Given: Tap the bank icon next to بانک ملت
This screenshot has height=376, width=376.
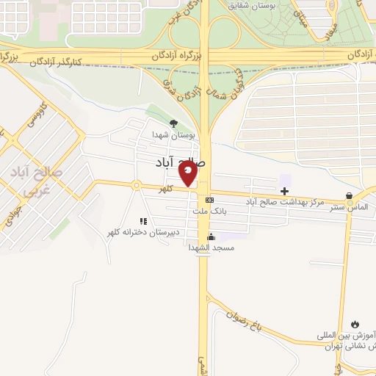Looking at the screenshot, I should (210, 200).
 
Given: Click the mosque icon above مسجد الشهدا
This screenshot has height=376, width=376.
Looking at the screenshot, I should (211, 236).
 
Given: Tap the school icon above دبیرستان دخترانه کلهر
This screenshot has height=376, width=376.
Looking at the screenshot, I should (144, 220).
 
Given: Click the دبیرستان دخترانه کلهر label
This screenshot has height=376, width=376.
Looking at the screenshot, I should (143, 232).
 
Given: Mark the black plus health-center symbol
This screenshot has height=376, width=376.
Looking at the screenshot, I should (285, 191).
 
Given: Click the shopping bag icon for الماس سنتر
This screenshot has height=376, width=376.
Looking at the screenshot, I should (350, 197).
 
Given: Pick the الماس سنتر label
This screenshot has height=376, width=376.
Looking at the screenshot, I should (350, 208).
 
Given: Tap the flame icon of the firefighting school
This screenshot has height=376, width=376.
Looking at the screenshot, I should (356, 324).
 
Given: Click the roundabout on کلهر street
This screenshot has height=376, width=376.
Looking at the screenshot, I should (136, 185).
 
